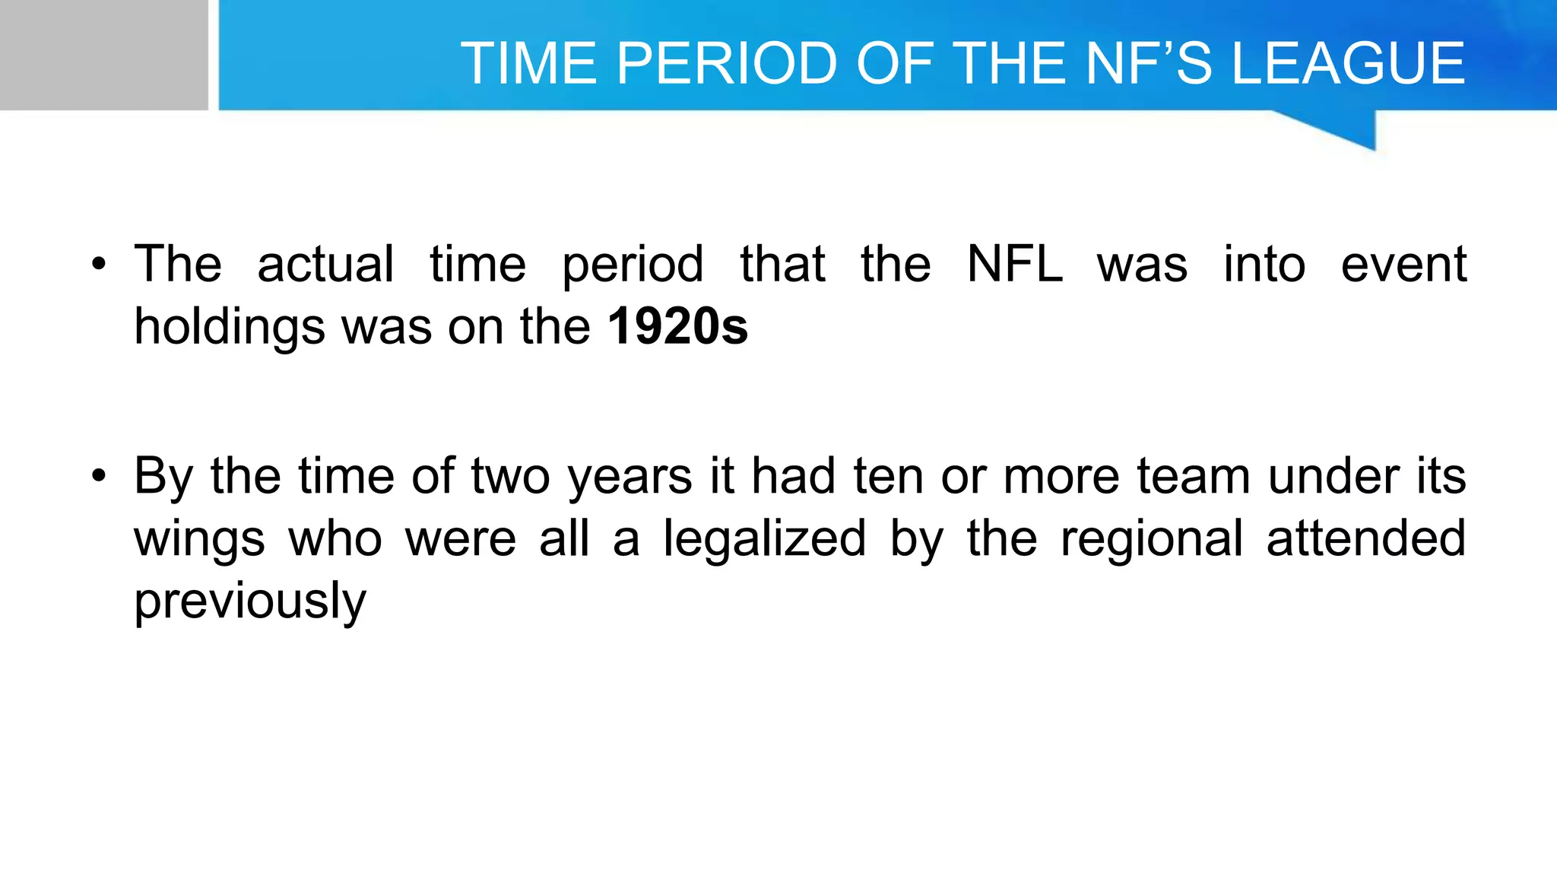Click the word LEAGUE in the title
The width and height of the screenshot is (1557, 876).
tap(1347, 63)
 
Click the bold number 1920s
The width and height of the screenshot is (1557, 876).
tap(678, 326)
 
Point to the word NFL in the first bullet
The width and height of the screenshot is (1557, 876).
tap(1014, 265)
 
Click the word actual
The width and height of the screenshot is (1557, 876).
tap(325, 265)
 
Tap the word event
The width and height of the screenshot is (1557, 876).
tap(1403, 265)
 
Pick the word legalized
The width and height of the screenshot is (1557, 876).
tap(764, 538)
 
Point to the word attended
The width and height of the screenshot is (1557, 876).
tap(1366, 538)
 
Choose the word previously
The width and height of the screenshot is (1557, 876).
tap(250, 601)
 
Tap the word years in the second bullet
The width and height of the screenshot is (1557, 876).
tap(630, 478)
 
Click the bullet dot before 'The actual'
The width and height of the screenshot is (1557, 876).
tap(98, 265)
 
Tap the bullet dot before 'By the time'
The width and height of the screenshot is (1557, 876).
tap(98, 477)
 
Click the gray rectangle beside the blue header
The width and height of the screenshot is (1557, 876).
tap(103, 55)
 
